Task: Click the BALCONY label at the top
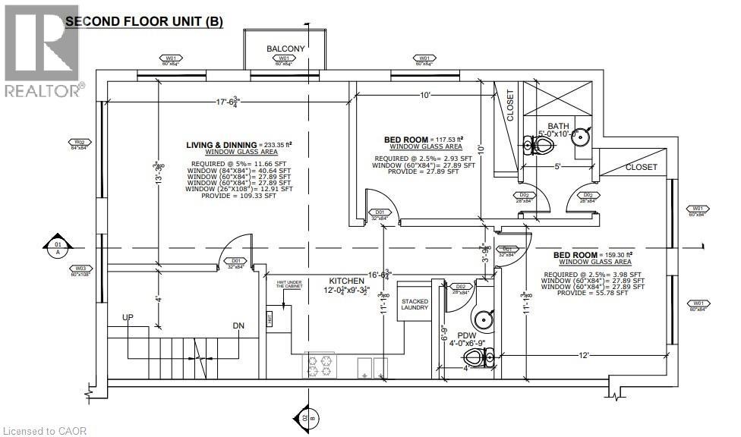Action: coord(285,49)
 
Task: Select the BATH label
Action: coord(558,126)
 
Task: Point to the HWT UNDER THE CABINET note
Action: coord(289,285)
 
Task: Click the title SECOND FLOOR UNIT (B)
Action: coord(143,22)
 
